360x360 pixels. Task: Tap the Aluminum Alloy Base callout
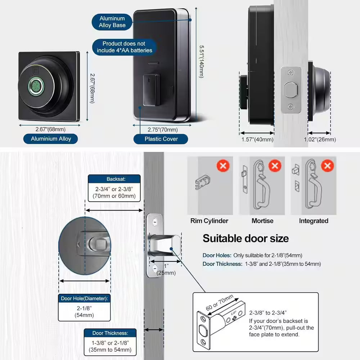click(x=112, y=22)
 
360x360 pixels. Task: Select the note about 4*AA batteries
click(x=124, y=47)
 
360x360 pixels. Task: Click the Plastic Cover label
click(x=161, y=139)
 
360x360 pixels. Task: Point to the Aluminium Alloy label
click(x=51, y=139)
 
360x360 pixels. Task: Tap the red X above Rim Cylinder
click(x=223, y=166)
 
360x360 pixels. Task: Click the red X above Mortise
click(x=275, y=166)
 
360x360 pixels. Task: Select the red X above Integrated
click(x=327, y=166)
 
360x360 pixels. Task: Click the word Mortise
click(x=262, y=221)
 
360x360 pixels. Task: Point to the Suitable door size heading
click(x=246, y=238)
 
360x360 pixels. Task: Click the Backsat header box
click(x=114, y=179)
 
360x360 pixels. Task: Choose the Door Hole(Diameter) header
click(x=84, y=298)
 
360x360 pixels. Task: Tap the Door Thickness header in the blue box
click(x=110, y=333)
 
